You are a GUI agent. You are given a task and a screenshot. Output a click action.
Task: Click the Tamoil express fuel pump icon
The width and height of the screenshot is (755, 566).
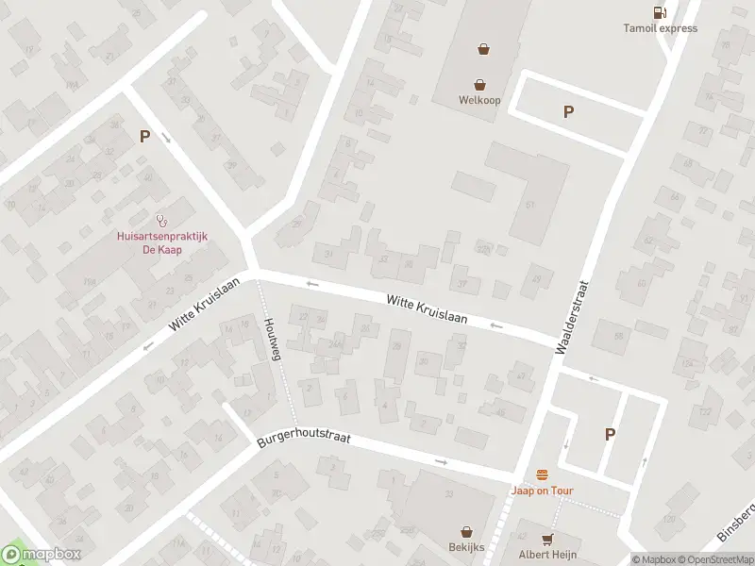660,12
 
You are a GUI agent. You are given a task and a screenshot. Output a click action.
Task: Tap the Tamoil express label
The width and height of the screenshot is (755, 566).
660,28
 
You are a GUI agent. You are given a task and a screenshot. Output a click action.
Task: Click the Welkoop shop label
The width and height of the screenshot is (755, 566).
479,100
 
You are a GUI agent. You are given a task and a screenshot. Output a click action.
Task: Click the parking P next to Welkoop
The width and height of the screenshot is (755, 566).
568,111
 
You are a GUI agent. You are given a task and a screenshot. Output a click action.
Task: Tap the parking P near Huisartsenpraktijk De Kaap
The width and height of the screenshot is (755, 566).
144,136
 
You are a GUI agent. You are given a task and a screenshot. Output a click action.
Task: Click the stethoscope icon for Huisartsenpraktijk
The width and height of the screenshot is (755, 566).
162,219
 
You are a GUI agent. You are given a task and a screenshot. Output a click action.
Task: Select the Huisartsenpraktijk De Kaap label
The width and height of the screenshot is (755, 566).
149,243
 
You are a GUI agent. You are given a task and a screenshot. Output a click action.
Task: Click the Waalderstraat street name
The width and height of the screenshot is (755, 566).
573,316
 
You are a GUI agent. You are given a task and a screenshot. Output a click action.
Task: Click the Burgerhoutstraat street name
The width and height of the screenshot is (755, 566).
303,440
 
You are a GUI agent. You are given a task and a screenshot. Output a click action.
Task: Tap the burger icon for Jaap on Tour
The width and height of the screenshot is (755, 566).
542,474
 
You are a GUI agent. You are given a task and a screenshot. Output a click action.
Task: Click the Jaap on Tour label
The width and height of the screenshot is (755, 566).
542,491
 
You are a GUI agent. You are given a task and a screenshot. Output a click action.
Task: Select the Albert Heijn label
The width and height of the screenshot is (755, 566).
547,554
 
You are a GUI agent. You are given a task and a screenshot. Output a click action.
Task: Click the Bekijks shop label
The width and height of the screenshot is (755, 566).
466,548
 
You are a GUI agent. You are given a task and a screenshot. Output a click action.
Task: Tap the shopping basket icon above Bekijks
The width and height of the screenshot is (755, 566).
466,532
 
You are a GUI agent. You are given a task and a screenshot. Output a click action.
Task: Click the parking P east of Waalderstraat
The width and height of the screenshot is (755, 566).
610,434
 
